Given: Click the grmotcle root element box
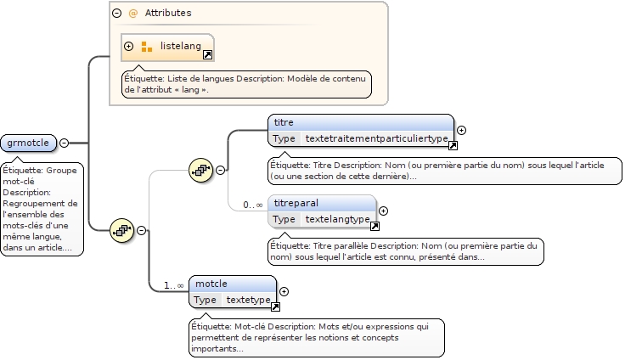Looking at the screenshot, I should click(28, 143).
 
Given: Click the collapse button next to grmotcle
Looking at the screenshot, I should click(65, 143).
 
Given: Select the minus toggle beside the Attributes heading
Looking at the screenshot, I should click(116, 14).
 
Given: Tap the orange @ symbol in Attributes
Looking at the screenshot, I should click(132, 14).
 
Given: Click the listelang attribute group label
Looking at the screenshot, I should click(181, 46).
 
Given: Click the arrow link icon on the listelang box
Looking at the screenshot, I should click(207, 55).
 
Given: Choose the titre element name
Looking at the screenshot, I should click(284, 123).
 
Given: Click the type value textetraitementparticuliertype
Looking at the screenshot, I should click(376, 138).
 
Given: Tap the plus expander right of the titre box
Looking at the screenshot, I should click(462, 131).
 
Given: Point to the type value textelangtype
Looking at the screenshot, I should click(337, 219).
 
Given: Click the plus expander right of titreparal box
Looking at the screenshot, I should click(383, 211).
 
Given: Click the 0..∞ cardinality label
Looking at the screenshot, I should click(253, 205).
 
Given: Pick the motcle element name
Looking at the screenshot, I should click(211, 284).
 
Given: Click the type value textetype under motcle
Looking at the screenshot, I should click(248, 300).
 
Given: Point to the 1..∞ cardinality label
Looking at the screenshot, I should click(174, 285).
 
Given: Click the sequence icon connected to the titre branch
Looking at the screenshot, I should click(200, 170).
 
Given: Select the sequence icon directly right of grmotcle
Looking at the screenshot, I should click(122, 230).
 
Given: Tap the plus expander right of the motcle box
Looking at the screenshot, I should click(284, 291).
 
